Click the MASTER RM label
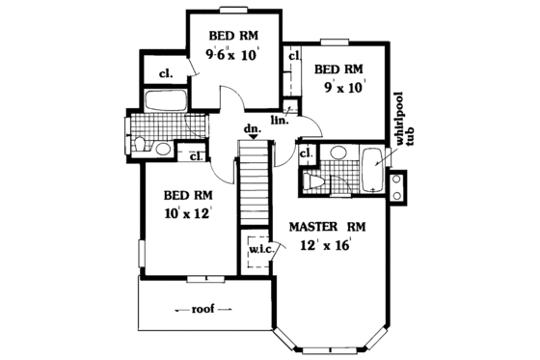tap(326, 227)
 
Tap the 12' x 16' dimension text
tap(325, 245)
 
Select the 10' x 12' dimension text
tap(187, 213)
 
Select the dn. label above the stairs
tap(253, 128)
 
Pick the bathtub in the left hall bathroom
tap(165, 102)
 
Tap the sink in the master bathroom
tap(337, 152)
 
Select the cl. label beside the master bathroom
tap(307, 154)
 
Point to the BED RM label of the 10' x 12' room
tap(187, 194)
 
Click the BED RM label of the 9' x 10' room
tap(338, 69)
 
